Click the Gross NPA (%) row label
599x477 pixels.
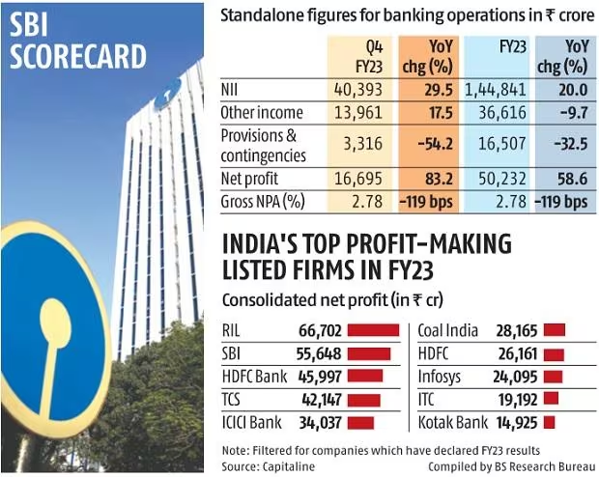coord(264,202)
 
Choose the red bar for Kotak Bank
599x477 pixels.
coord(550,422)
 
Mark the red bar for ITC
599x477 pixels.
coord(551,399)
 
